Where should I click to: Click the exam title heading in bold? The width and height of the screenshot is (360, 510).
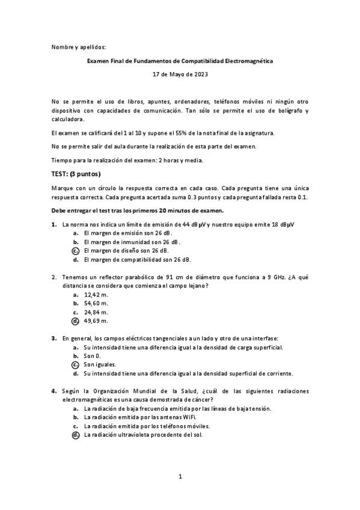pyautogui.click(x=180, y=61)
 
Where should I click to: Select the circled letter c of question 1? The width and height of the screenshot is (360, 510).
pyautogui.click(x=76, y=250)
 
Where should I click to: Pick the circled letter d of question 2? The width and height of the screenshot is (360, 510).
pyautogui.click(x=76, y=321)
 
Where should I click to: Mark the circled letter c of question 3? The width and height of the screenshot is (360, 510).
pyautogui.click(x=76, y=364)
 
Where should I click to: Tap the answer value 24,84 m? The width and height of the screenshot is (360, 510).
pyautogui.click(x=96, y=312)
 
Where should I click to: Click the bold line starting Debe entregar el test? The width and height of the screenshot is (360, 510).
pyautogui.click(x=138, y=210)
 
